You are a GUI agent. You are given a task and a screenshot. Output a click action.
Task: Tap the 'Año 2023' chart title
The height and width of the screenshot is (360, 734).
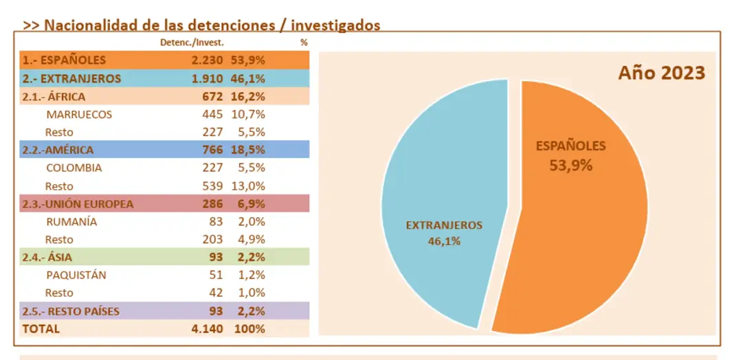pos(661,73)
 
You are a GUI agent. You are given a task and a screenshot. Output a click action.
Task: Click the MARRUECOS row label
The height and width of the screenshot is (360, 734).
pos(79,114)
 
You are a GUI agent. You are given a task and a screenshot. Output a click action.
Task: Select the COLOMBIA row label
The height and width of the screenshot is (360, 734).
pos(74,168)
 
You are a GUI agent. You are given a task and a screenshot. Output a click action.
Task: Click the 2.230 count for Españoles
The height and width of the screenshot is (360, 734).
pos(208,60)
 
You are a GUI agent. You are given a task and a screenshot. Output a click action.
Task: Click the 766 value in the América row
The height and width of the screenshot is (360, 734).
pos(212,150)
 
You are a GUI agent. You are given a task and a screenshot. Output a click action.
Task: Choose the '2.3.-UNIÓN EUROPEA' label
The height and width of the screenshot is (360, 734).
pos(78,204)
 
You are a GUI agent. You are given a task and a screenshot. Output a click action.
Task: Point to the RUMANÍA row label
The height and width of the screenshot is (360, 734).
pos(71,222)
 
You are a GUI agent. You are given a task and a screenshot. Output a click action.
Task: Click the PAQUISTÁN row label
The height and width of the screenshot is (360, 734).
pos(76,275)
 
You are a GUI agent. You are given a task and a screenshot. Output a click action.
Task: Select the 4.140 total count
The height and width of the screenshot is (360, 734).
pos(208,329)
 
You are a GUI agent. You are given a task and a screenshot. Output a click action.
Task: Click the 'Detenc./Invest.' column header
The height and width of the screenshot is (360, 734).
pos(191,43)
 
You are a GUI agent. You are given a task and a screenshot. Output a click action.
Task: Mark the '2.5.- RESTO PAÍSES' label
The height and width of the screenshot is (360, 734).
pos(71,311)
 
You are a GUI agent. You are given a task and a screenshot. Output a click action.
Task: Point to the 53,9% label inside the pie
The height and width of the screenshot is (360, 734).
pos(570,165)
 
